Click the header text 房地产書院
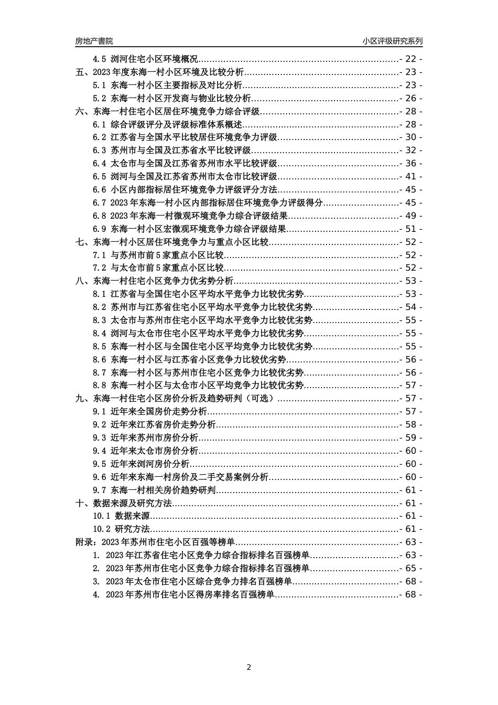[94, 41]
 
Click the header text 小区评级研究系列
[392, 41]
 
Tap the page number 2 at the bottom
[249, 667]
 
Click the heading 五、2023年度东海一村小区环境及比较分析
[159, 72]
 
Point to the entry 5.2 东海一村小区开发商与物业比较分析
[172, 99]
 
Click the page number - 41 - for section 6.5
[410, 177]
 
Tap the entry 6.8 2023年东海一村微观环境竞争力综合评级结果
[191, 216]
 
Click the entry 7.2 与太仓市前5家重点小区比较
[158, 268]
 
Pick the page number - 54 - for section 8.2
[410, 307]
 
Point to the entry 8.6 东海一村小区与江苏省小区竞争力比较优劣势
[189, 359]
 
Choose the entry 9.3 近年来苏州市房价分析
[146, 437]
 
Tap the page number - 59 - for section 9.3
[410, 437]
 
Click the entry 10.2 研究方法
[121, 529]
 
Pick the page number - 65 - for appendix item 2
[410, 568]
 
